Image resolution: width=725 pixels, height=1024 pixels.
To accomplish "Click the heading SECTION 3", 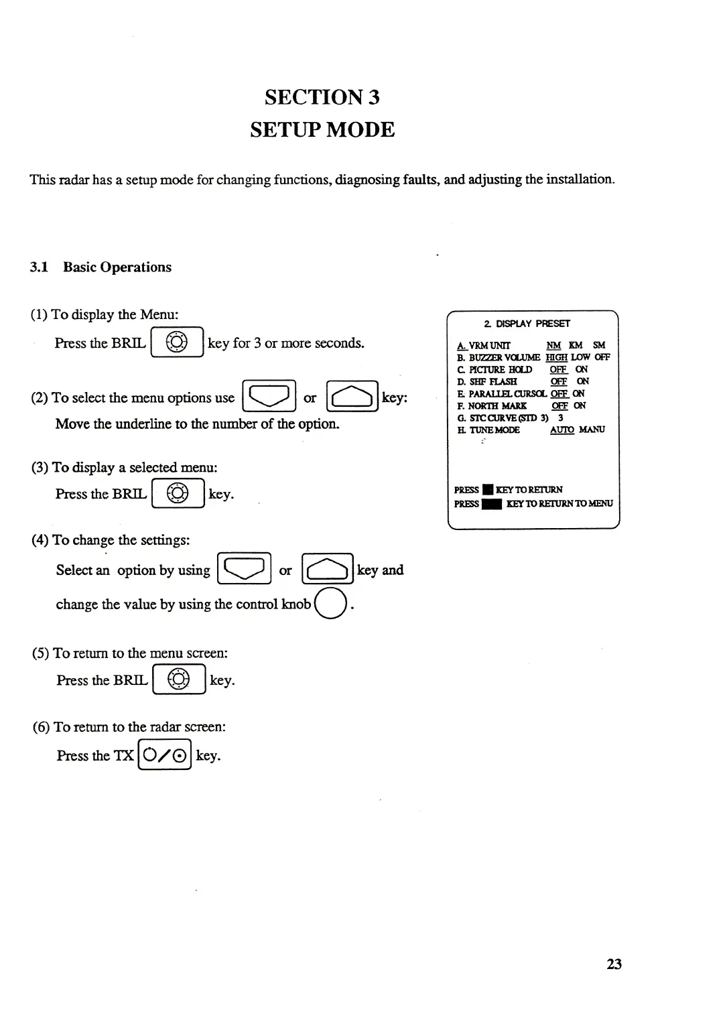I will tap(322, 97).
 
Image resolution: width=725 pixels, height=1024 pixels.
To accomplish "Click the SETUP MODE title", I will tap(322, 129).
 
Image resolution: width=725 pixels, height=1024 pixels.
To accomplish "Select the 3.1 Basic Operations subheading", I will tap(101, 267).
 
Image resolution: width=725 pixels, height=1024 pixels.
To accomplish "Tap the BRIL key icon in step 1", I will tap(177, 343).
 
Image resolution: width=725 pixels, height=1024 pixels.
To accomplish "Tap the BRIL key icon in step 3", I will tap(178, 495).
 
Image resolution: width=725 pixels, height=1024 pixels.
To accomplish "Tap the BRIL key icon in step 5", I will tap(179, 680).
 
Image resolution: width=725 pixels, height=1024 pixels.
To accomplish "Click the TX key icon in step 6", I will tap(165, 755).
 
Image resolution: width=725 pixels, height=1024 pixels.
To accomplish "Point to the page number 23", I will tap(614, 964).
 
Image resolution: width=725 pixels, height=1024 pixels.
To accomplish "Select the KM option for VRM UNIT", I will tap(576, 345).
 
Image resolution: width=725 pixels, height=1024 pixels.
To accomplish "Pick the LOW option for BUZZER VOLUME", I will tap(580, 357).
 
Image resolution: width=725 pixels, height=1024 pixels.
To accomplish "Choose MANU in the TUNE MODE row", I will tap(592, 430).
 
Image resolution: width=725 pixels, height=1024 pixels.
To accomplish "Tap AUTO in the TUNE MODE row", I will tap(562, 430).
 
